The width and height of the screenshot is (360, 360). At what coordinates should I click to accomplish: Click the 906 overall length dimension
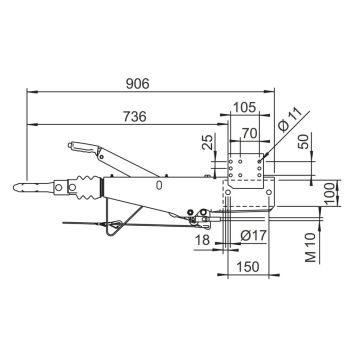(138, 84)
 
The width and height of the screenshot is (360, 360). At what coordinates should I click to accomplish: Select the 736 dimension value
(135, 117)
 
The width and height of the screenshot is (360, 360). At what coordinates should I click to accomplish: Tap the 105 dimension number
(244, 107)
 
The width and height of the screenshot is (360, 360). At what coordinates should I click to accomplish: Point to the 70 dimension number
(250, 133)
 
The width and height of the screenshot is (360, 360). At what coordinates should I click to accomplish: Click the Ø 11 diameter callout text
(289, 121)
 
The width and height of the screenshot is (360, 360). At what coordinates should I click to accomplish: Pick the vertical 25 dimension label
(207, 142)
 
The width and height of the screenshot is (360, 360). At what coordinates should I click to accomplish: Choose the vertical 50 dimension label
(304, 141)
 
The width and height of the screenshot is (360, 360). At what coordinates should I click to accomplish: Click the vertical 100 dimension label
(330, 193)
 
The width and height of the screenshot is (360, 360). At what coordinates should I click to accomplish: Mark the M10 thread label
(311, 248)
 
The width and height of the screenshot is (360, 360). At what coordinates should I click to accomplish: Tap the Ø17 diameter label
(253, 236)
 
